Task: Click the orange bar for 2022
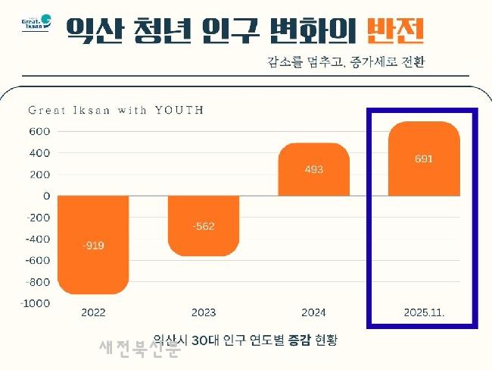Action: (93, 244)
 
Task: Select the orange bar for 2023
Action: (204, 225)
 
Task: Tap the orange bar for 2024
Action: (313, 169)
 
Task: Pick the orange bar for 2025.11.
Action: (424, 158)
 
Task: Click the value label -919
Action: (93, 246)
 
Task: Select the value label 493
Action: (313, 169)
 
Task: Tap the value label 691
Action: (424, 159)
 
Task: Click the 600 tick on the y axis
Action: (40, 131)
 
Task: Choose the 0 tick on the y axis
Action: (46, 196)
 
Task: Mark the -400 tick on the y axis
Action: (38, 240)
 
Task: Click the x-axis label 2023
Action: (204, 312)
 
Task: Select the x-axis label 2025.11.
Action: (424, 312)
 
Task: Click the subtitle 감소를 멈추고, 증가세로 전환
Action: (345, 61)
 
